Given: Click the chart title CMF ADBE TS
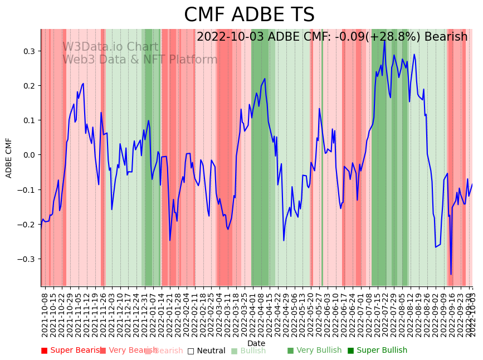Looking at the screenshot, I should coord(249,15).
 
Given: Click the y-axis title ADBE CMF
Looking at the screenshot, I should coord(9,158).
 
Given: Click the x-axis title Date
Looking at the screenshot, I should coord(256,343).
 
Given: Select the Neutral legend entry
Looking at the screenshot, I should coord(207,351).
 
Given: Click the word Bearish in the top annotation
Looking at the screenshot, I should coord(446,37).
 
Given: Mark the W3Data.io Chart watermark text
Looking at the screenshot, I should coord(110,47).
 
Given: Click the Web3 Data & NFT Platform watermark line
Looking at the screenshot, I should coord(140,60).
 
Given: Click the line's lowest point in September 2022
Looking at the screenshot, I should coord(451,274).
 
